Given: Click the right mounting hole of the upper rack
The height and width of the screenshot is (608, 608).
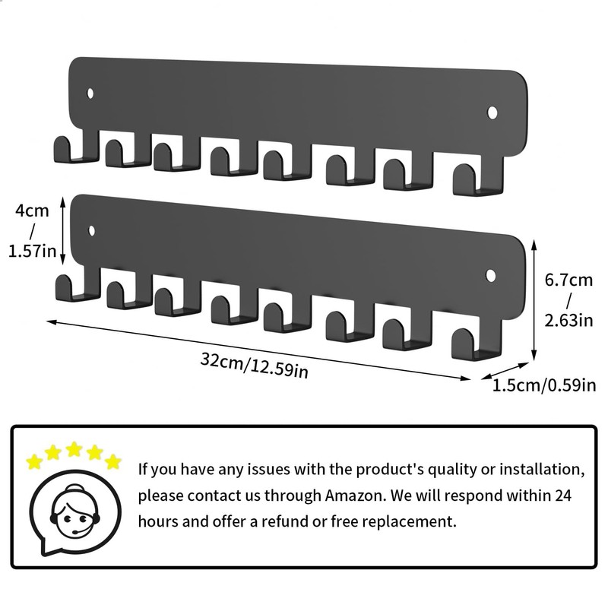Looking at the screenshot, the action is (x=492, y=113).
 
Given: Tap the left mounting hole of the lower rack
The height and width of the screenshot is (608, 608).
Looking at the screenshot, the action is (x=92, y=230).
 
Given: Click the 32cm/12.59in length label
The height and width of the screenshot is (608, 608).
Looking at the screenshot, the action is (x=254, y=365).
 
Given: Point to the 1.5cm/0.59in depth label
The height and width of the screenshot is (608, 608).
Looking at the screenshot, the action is (x=544, y=385).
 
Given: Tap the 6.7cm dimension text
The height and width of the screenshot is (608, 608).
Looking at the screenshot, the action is (x=568, y=279).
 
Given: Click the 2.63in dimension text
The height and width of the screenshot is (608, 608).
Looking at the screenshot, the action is (x=568, y=320).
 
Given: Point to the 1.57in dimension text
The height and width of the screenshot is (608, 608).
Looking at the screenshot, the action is (x=31, y=252).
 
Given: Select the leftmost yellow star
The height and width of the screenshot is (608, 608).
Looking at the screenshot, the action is (x=34, y=461).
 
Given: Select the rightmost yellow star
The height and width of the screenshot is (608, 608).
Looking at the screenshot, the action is (x=112, y=461).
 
